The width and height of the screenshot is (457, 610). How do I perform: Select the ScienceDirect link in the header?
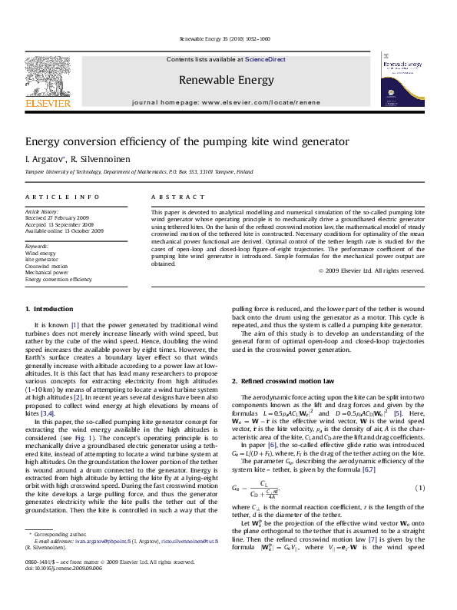pos(265,59)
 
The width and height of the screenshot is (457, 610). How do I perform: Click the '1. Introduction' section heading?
pos(50,309)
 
